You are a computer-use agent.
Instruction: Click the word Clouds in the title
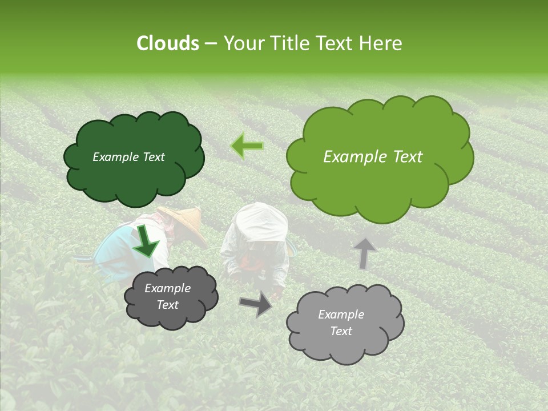click(x=168, y=43)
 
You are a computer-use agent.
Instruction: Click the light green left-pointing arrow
click(x=247, y=146)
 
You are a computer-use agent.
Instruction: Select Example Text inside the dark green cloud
click(x=128, y=157)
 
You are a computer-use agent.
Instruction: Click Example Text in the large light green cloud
click(x=373, y=157)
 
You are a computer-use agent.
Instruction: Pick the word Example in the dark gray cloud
click(x=167, y=288)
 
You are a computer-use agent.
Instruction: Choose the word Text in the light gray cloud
click(x=341, y=331)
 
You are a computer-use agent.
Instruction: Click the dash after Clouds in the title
click(x=211, y=43)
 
